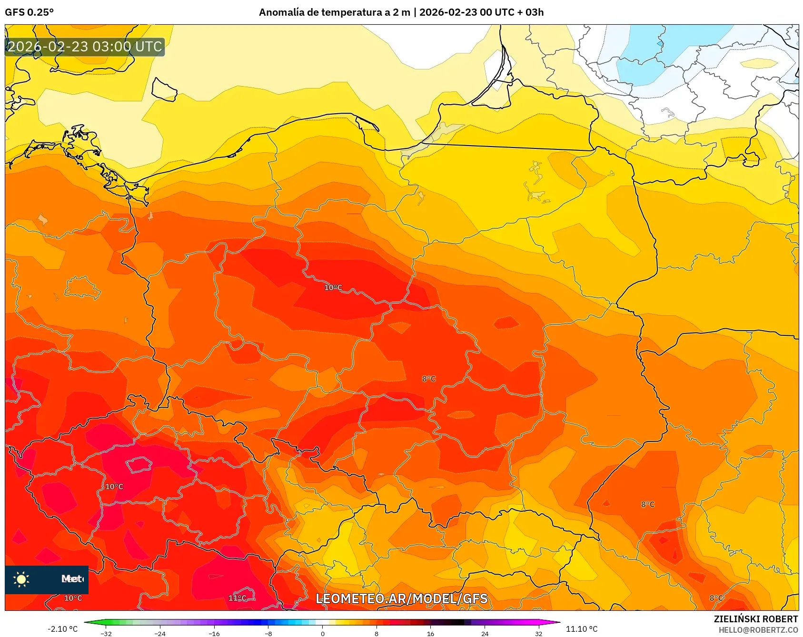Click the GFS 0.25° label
click(x=29, y=12)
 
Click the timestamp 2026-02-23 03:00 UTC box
click(x=85, y=47)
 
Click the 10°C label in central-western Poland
click(x=333, y=287)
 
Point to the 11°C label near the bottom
click(x=237, y=598)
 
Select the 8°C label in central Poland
click(x=428, y=379)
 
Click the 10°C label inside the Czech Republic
click(x=114, y=486)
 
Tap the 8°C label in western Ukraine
click(x=647, y=504)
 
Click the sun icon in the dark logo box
click(x=21, y=579)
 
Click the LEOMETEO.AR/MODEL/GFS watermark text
click(x=401, y=598)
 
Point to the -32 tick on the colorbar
click(x=106, y=633)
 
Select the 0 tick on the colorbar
click(x=322, y=633)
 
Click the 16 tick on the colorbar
click(x=430, y=633)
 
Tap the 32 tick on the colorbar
click(x=538, y=633)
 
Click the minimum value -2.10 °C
click(x=62, y=629)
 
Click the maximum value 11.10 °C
click(x=581, y=629)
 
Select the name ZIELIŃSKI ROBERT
click(x=755, y=619)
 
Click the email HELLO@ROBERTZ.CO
click(x=758, y=630)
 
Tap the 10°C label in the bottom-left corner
click(x=73, y=598)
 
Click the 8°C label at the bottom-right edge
click(x=716, y=598)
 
